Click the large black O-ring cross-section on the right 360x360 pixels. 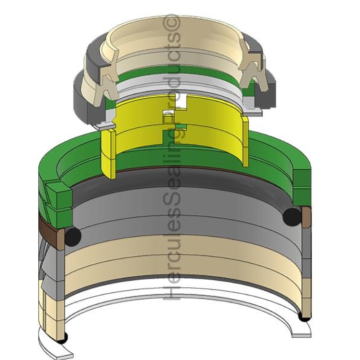tap(292, 216)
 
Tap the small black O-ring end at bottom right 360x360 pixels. tap(304, 318)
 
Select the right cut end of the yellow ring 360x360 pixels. tap(245, 141)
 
